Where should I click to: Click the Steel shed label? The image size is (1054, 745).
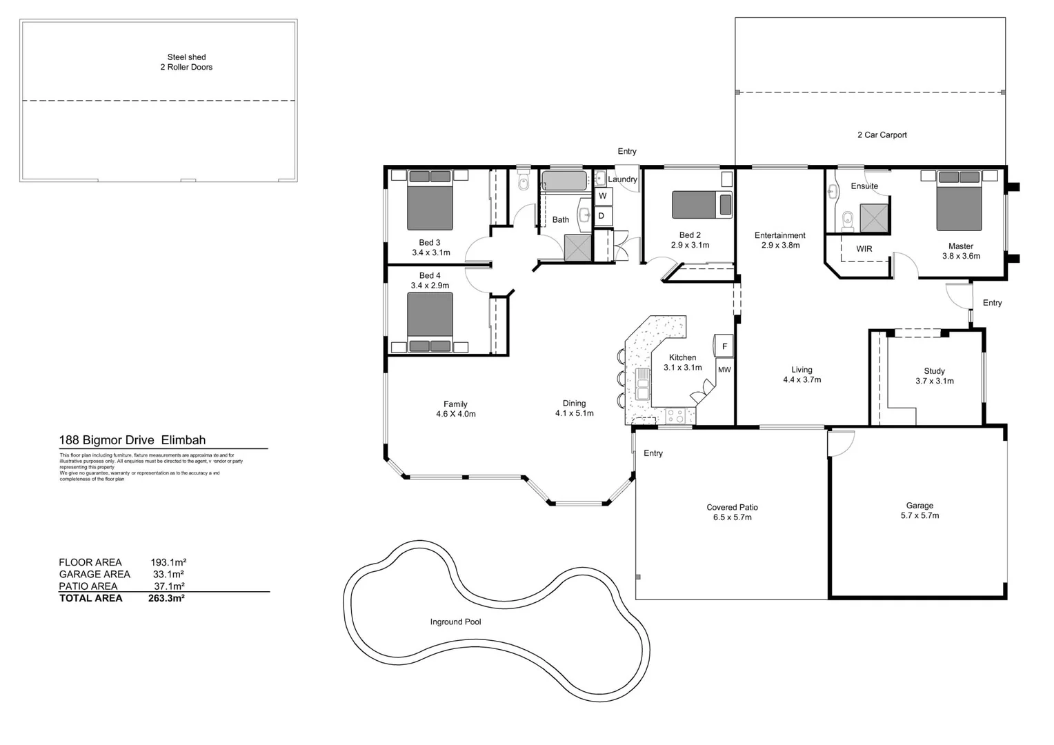[x=186, y=57]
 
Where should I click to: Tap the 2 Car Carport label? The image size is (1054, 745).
[x=882, y=135]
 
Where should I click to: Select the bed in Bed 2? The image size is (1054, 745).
[x=702, y=205]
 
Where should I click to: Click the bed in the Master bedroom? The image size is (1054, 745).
[x=959, y=201]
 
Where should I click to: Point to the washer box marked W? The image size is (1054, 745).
[x=602, y=196]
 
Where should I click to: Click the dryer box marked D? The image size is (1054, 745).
[x=601, y=216]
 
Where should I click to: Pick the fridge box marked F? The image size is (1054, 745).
[x=724, y=346]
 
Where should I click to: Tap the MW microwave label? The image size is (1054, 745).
[x=724, y=370]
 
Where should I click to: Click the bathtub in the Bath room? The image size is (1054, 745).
[x=564, y=181]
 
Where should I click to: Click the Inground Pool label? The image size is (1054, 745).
[x=455, y=622]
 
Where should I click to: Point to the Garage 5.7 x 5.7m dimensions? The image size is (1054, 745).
[x=919, y=516]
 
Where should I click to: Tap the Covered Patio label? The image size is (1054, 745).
[x=732, y=507]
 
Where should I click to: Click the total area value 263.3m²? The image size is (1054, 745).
[x=166, y=599]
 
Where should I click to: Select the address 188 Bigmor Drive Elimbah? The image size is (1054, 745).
[x=132, y=440]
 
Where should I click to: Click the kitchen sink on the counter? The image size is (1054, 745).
[x=643, y=384]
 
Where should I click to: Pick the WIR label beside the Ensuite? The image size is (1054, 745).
[x=864, y=249]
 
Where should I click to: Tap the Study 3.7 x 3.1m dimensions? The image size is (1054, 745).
[x=934, y=381]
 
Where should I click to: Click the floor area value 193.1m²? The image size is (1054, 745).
[x=168, y=563]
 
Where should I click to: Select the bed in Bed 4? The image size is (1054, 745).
[x=430, y=321]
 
